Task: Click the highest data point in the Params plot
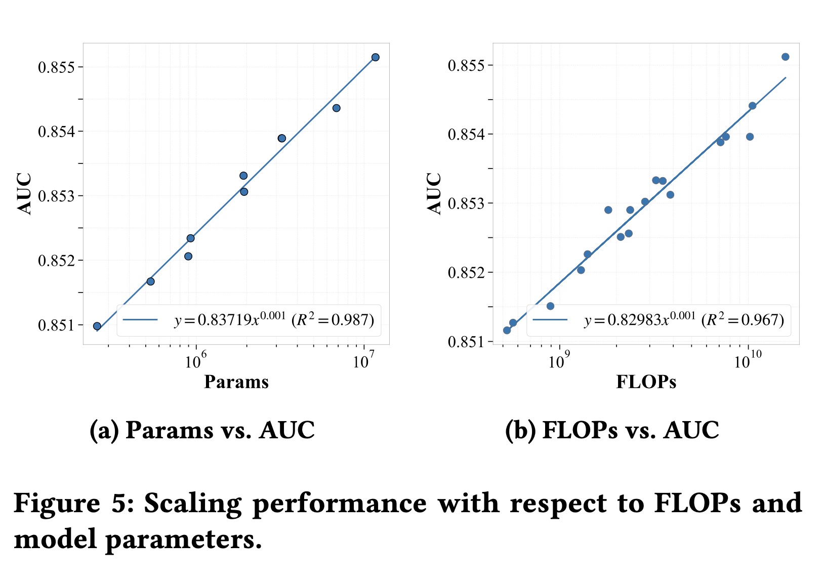coord(375,57)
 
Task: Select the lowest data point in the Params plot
coord(97,326)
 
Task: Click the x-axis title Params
coord(236,382)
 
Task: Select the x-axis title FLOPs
coord(646,382)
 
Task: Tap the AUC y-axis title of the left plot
coord(24,194)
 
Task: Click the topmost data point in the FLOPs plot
coord(785,57)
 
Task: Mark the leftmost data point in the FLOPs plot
coord(507,330)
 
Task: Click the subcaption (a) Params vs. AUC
coord(202,430)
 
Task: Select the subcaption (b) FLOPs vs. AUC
coord(612,430)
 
